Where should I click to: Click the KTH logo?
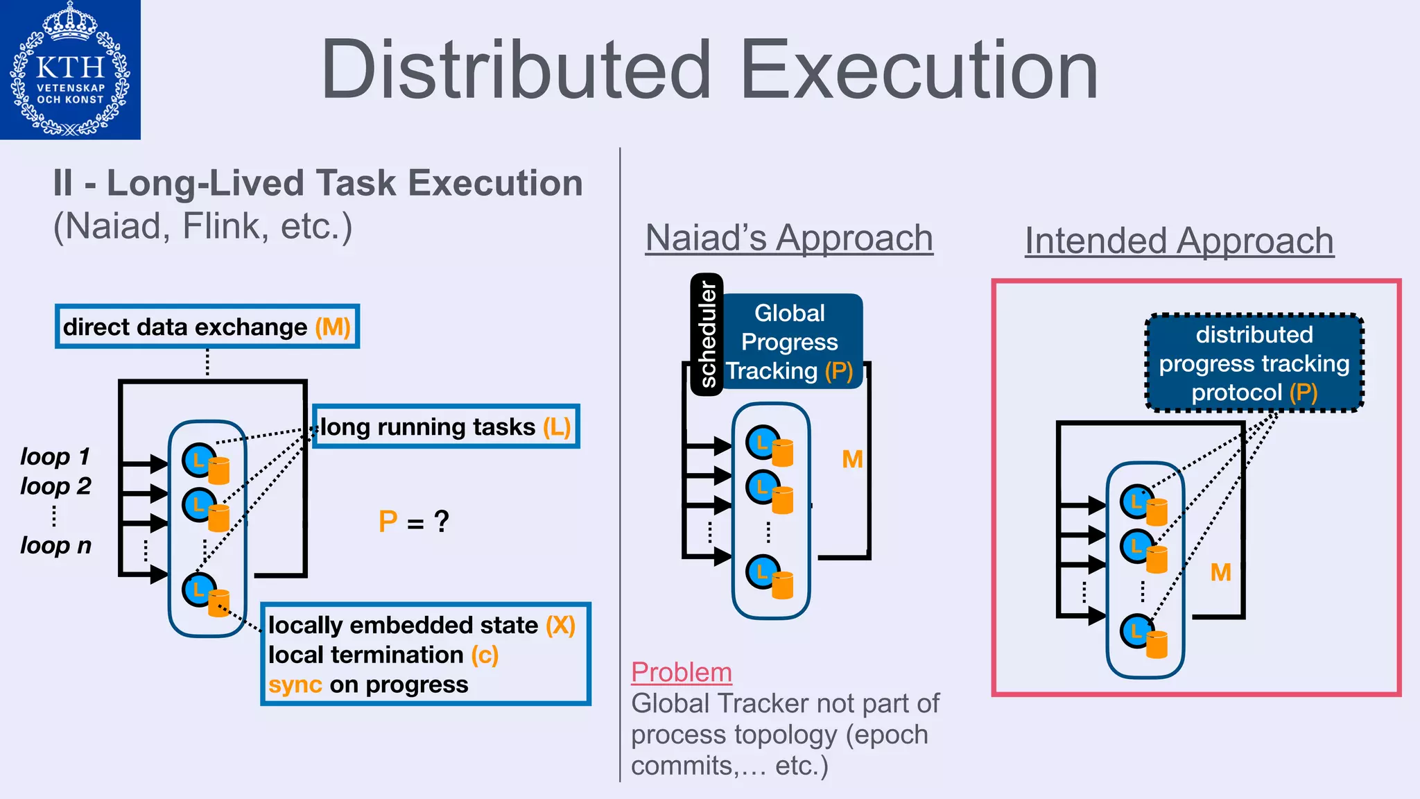pyautogui.click(x=70, y=69)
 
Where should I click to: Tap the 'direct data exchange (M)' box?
pyautogui.click(x=207, y=327)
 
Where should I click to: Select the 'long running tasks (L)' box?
pyautogui.click(x=446, y=427)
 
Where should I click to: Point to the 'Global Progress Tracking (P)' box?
pyautogui.click(x=790, y=342)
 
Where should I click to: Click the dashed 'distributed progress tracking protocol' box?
pyautogui.click(x=1254, y=363)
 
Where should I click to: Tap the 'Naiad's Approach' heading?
pyautogui.click(x=789, y=238)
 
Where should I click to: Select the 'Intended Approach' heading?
pyautogui.click(x=1179, y=241)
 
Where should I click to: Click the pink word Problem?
pyautogui.click(x=681, y=672)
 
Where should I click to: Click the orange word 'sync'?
pyautogui.click(x=295, y=685)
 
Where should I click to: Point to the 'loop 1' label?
pyautogui.click(x=55, y=456)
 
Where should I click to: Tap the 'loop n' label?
pyautogui.click(x=55, y=545)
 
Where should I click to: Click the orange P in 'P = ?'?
pyautogui.click(x=388, y=522)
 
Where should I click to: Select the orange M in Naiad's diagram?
pyautogui.click(x=852, y=459)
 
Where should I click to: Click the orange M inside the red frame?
pyautogui.click(x=1220, y=572)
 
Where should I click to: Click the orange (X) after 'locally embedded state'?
pyautogui.click(x=560, y=625)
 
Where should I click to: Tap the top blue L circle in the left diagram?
pyautogui.click(x=198, y=459)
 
